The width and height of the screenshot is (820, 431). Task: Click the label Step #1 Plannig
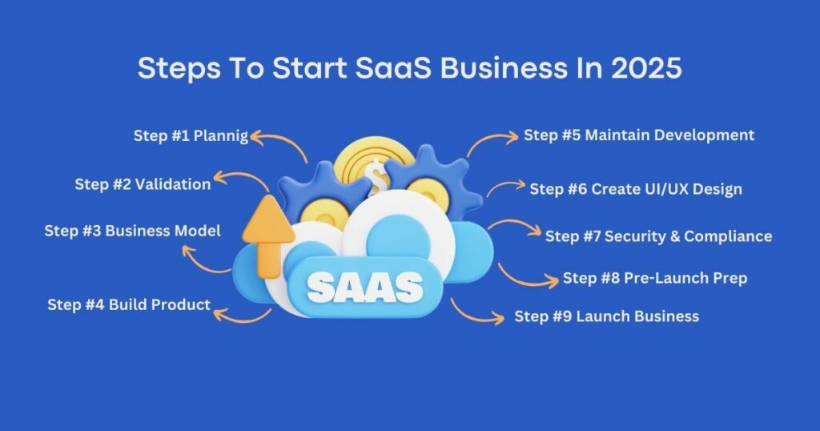click(x=191, y=136)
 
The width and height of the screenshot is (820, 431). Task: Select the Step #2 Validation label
click(x=143, y=184)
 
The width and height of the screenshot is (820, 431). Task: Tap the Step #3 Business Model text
click(x=132, y=231)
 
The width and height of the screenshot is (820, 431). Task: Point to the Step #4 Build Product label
click(x=129, y=304)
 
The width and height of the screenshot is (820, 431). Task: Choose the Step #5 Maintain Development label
click(x=639, y=135)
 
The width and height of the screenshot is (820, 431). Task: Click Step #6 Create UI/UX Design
click(x=636, y=189)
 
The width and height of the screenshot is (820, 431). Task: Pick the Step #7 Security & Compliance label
click(x=659, y=236)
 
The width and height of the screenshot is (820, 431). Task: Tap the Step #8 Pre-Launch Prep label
click(x=655, y=278)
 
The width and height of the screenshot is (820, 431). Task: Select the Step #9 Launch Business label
click(x=607, y=316)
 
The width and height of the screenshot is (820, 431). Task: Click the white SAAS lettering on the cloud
click(x=365, y=287)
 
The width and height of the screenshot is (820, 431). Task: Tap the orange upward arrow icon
click(x=268, y=236)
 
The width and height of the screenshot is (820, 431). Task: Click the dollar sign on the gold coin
click(x=378, y=177)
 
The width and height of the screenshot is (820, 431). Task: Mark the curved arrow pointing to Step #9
click(x=473, y=315)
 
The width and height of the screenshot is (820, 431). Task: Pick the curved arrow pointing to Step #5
click(x=489, y=140)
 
